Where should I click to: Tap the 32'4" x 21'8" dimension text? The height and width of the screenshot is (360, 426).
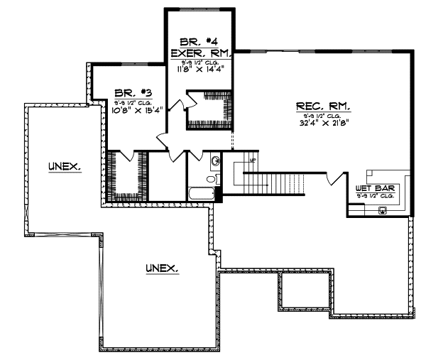[x=323, y=121]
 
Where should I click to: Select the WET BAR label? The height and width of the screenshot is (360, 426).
[x=376, y=188]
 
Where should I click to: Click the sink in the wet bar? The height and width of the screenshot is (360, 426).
[x=383, y=209]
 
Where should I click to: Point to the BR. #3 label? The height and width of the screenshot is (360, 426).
[x=129, y=92]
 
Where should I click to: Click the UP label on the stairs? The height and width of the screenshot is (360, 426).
[x=251, y=160]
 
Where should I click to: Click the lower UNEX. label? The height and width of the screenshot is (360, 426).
[x=162, y=268]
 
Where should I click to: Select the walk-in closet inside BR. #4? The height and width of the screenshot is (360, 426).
[x=209, y=110]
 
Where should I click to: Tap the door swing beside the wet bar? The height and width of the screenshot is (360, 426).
[x=332, y=178]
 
